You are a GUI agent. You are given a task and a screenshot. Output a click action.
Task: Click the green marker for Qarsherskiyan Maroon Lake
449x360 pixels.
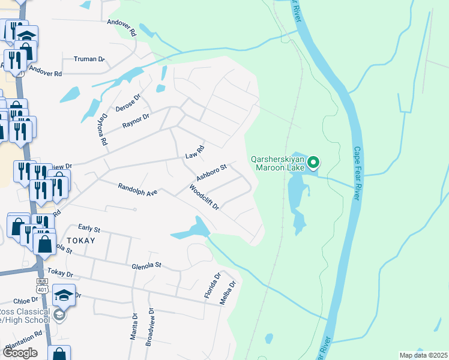coord(313,162)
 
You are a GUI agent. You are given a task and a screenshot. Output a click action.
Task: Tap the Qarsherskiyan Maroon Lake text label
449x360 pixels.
coord(277,163)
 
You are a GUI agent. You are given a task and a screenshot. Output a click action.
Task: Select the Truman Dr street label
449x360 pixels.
coord(89,59)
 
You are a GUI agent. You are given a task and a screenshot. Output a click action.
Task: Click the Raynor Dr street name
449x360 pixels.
coord(136,118)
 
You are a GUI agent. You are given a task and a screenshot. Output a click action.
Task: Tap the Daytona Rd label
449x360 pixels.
coord(103,130)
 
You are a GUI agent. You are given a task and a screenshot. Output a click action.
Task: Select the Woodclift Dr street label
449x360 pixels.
coord(204,197)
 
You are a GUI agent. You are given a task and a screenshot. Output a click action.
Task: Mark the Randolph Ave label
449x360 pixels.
coord(137,190)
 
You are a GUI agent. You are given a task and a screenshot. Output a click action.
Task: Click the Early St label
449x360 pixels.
coord(89,229)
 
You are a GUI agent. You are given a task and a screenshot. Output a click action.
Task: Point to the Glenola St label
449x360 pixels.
coord(147,265)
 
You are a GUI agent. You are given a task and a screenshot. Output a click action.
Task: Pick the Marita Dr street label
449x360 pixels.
coord(134,326)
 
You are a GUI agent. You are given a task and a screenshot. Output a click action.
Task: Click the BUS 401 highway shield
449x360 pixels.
coord(41,285)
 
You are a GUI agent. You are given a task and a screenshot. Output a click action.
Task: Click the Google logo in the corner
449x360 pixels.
coord(20,353)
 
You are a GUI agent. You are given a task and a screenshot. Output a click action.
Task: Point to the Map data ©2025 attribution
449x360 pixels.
coord(423,355)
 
